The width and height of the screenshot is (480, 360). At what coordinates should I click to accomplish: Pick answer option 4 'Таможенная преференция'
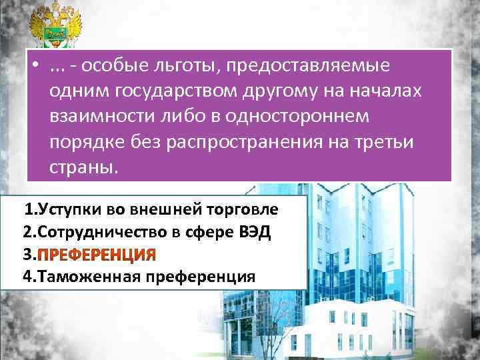click(139, 277)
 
